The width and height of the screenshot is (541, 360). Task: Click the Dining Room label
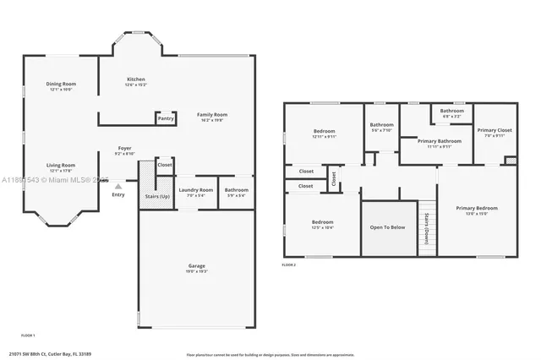coord(61,84)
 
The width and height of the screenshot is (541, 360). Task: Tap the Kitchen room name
coord(136,79)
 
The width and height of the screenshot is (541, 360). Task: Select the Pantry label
coord(166,118)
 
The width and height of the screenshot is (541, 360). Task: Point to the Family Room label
coord(212,114)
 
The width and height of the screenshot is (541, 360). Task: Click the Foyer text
coord(123,149)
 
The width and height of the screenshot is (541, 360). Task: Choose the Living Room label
coord(61,165)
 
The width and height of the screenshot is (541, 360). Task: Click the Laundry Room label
coord(196,190)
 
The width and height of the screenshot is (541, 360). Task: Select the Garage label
coord(196,266)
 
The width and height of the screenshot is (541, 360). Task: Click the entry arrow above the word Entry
coord(118,186)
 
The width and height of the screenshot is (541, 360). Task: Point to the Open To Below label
coord(388,226)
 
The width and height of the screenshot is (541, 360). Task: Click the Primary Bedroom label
coord(477,208)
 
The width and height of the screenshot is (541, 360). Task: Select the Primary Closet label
coord(494,130)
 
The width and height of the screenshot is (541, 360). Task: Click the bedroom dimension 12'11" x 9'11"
coord(325,137)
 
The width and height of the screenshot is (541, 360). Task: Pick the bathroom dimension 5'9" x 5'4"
coord(237,196)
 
